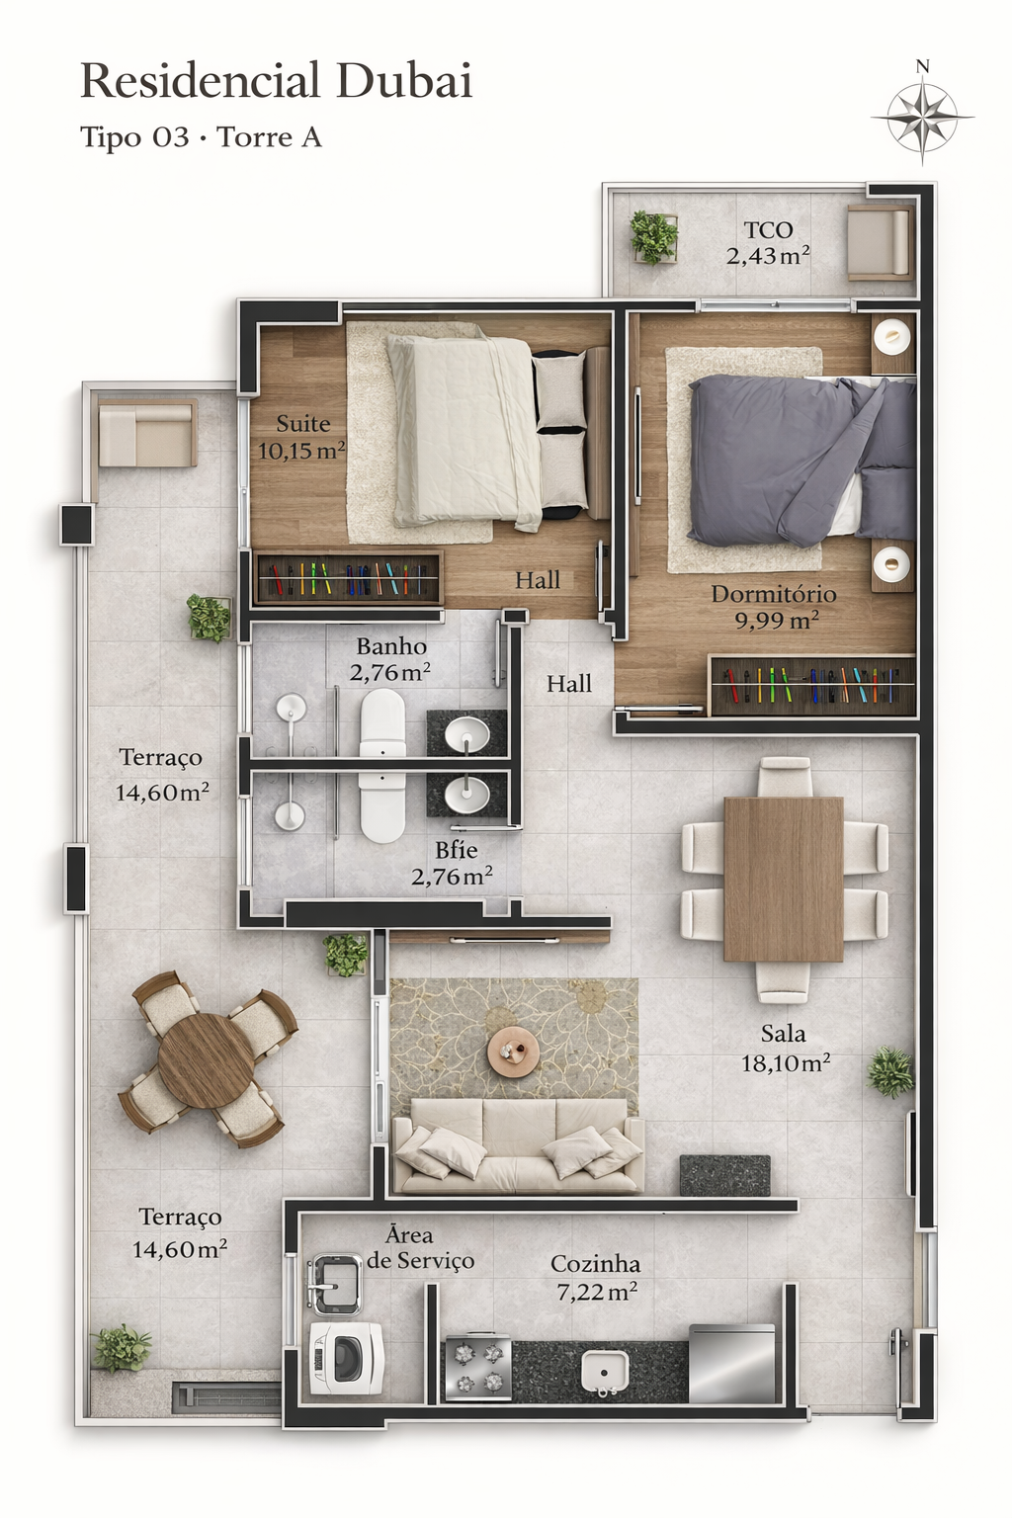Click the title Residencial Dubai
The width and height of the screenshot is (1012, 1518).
click(276, 81)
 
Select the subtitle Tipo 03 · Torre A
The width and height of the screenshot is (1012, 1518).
click(201, 137)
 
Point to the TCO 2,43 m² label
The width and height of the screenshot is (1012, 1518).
click(768, 243)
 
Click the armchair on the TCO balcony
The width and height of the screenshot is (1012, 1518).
click(878, 241)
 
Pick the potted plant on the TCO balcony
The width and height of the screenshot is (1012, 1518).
click(654, 237)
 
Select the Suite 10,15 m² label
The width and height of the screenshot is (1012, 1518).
click(301, 437)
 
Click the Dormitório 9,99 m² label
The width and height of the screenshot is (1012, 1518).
click(774, 607)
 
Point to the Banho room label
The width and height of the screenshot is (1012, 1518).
click(391, 659)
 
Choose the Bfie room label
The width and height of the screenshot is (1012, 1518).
click(454, 863)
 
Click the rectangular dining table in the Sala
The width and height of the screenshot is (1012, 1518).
click(783, 879)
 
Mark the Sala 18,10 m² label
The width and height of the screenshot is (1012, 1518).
click(785, 1049)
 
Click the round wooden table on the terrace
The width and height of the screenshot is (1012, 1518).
click(206, 1060)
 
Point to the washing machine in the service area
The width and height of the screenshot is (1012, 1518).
click(345, 1358)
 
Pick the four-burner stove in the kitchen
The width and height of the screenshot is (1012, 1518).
click(477, 1368)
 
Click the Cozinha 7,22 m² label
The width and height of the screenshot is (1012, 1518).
click(596, 1278)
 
